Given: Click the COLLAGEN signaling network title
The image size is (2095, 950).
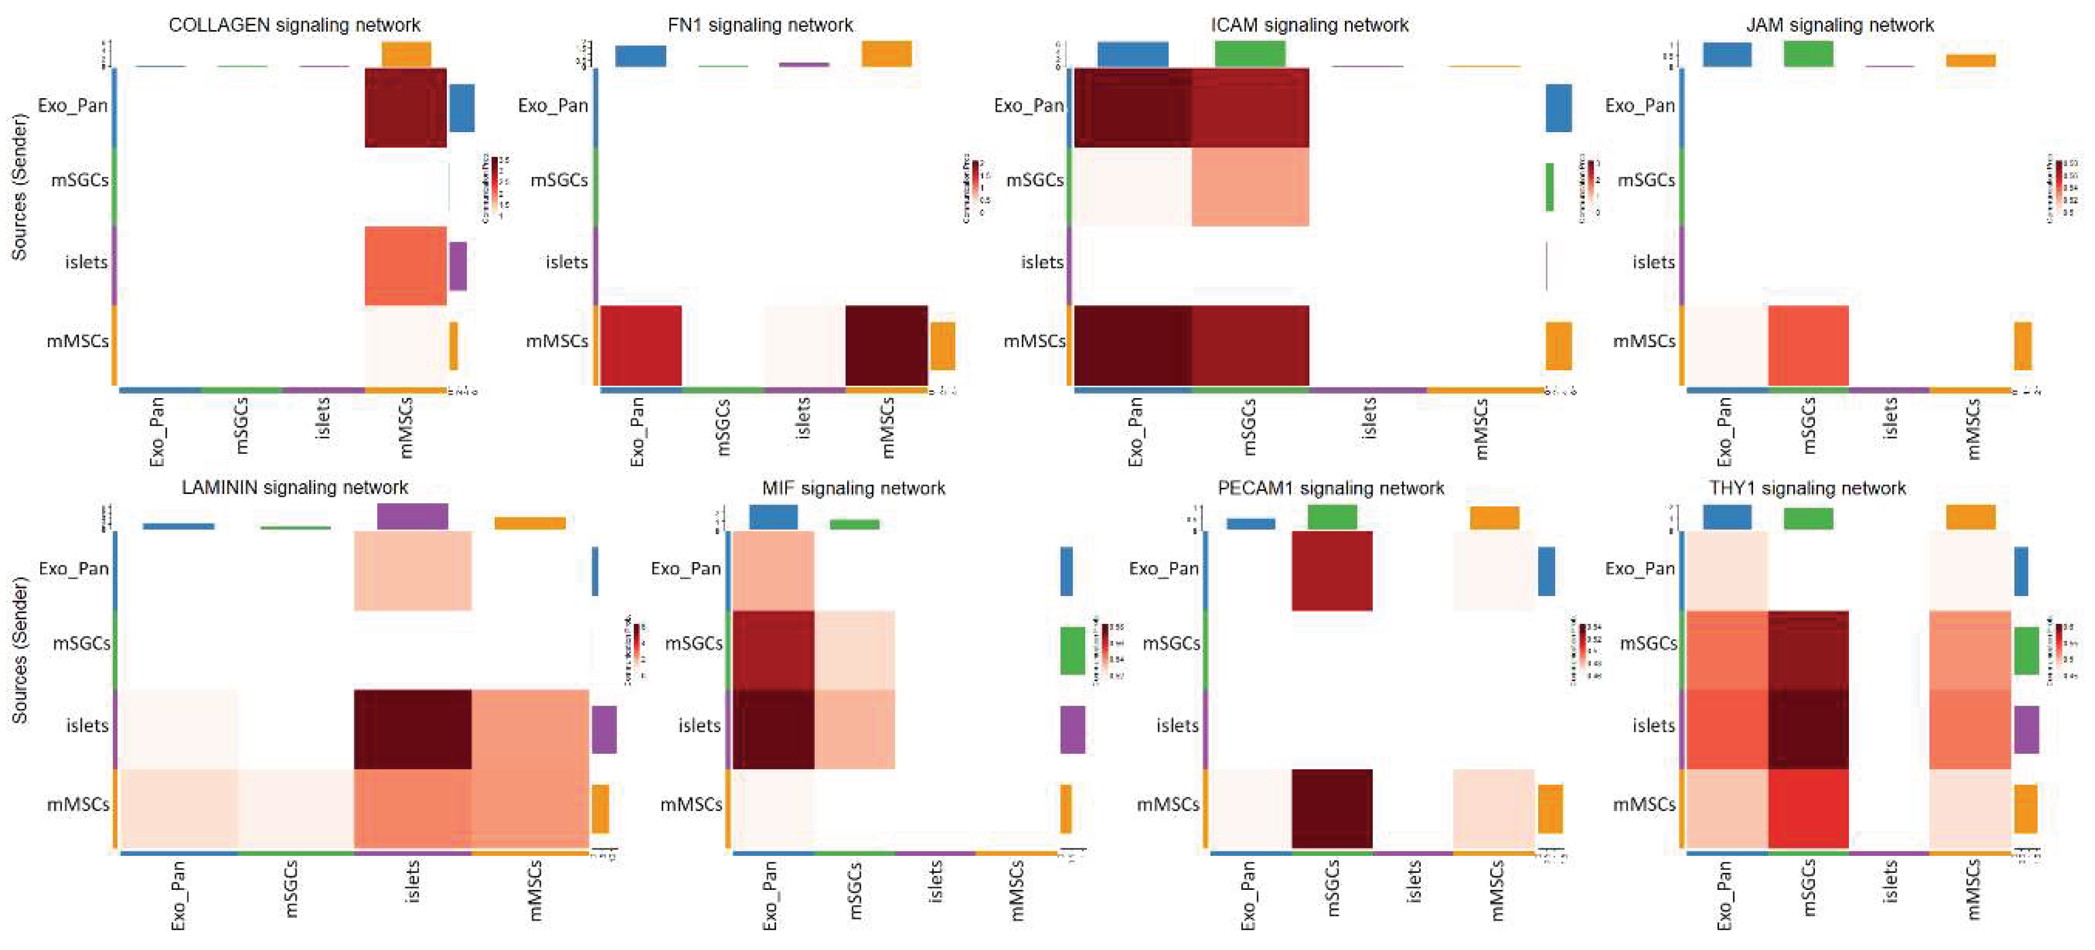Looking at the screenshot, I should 294,25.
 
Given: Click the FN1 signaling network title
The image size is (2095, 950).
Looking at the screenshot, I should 760,25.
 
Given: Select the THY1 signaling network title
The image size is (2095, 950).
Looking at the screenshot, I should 1807,488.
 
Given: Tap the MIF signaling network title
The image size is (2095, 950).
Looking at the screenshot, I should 853,488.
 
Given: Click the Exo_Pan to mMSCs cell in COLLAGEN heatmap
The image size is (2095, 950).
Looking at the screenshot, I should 405,107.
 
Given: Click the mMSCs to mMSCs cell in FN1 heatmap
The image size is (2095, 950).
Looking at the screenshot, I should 886,345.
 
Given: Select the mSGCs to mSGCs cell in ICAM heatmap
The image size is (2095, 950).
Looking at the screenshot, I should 1250,186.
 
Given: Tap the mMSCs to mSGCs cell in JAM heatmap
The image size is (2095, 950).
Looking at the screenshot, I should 1808,345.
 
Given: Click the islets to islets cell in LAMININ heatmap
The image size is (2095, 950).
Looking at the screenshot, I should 412,729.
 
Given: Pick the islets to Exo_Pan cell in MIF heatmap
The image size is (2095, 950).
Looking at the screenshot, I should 773,729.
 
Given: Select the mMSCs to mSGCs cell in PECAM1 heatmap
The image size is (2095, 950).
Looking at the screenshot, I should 1331,808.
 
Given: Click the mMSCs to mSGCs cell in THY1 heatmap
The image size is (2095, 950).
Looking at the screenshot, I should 1808,808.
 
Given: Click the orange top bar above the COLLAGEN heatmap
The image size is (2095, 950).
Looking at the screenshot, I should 406,54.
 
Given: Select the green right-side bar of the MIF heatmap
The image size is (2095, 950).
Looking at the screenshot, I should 1072,650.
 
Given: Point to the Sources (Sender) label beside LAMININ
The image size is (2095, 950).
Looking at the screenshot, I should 19,650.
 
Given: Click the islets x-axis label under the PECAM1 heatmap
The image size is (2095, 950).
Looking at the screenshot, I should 1413,883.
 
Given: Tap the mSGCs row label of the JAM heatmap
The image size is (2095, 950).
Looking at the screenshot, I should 1646,180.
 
